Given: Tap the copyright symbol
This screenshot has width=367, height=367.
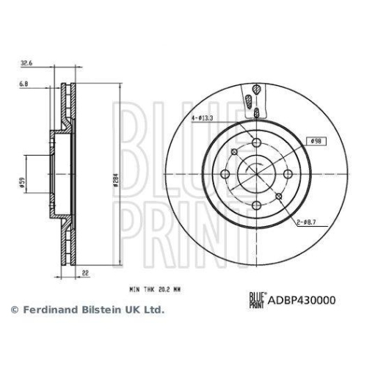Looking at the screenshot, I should pyautogui.click(x=13, y=310).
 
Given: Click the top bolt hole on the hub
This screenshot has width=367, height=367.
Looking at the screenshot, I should pyautogui.click(x=255, y=142).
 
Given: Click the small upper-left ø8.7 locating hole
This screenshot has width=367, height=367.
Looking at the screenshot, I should pyautogui.click(x=233, y=151).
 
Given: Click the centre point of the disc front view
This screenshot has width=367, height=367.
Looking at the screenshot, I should pyautogui.click(x=255, y=173).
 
